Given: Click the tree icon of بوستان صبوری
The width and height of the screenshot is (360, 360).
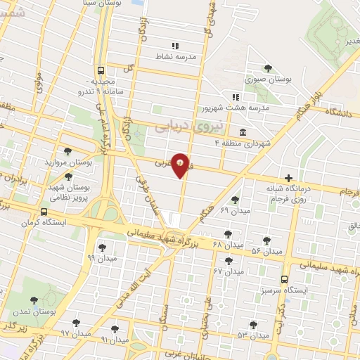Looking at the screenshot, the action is tap(267, 67).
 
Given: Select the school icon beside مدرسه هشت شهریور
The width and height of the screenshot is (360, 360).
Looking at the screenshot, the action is tap(236, 97).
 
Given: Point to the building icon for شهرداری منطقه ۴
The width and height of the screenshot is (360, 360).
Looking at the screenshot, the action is tap(242, 132).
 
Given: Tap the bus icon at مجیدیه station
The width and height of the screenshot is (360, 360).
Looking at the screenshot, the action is tap(101, 70).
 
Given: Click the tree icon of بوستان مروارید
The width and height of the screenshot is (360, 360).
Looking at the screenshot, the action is tap(67, 150).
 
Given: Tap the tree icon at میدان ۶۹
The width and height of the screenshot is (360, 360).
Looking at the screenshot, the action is tap(235, 200).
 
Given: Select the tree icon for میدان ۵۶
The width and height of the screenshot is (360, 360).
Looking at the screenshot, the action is tap(266, 239).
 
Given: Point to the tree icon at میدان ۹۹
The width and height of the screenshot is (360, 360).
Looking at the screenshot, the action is tap(103, 247).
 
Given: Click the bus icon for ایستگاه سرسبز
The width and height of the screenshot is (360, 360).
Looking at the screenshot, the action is tap(284, 278).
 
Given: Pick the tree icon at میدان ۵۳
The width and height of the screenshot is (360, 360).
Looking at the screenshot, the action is tap(253, 324).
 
